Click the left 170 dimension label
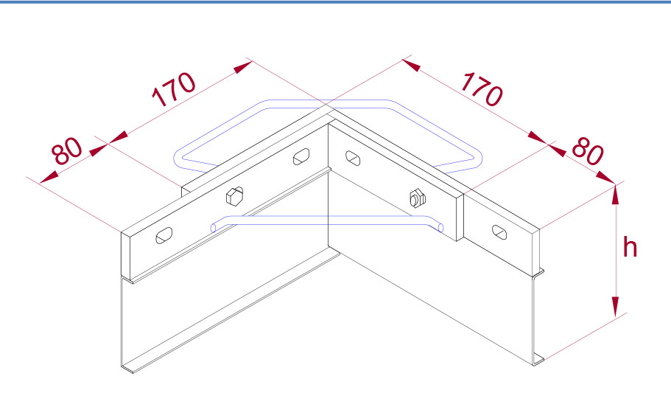(x=174, y=89)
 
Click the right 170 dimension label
(x=482, y=89)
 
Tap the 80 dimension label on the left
(x=67, y=151)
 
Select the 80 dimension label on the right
(x=588, y=151)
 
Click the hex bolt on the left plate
(x=234, y=195)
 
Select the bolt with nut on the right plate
(x=417, y=198)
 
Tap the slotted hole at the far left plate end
(x=164, y=235)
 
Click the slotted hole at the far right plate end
(x=499, y=232)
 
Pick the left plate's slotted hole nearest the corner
(x=301, y=156)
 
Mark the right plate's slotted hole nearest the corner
(x=353, y=158)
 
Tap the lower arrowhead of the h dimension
(x=615, y=307)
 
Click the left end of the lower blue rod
(x=214, y=227)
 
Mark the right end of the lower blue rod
(x=440, y=227)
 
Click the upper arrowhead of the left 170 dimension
(x=243, y=67)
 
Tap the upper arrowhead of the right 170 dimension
(x=411, y=66)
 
